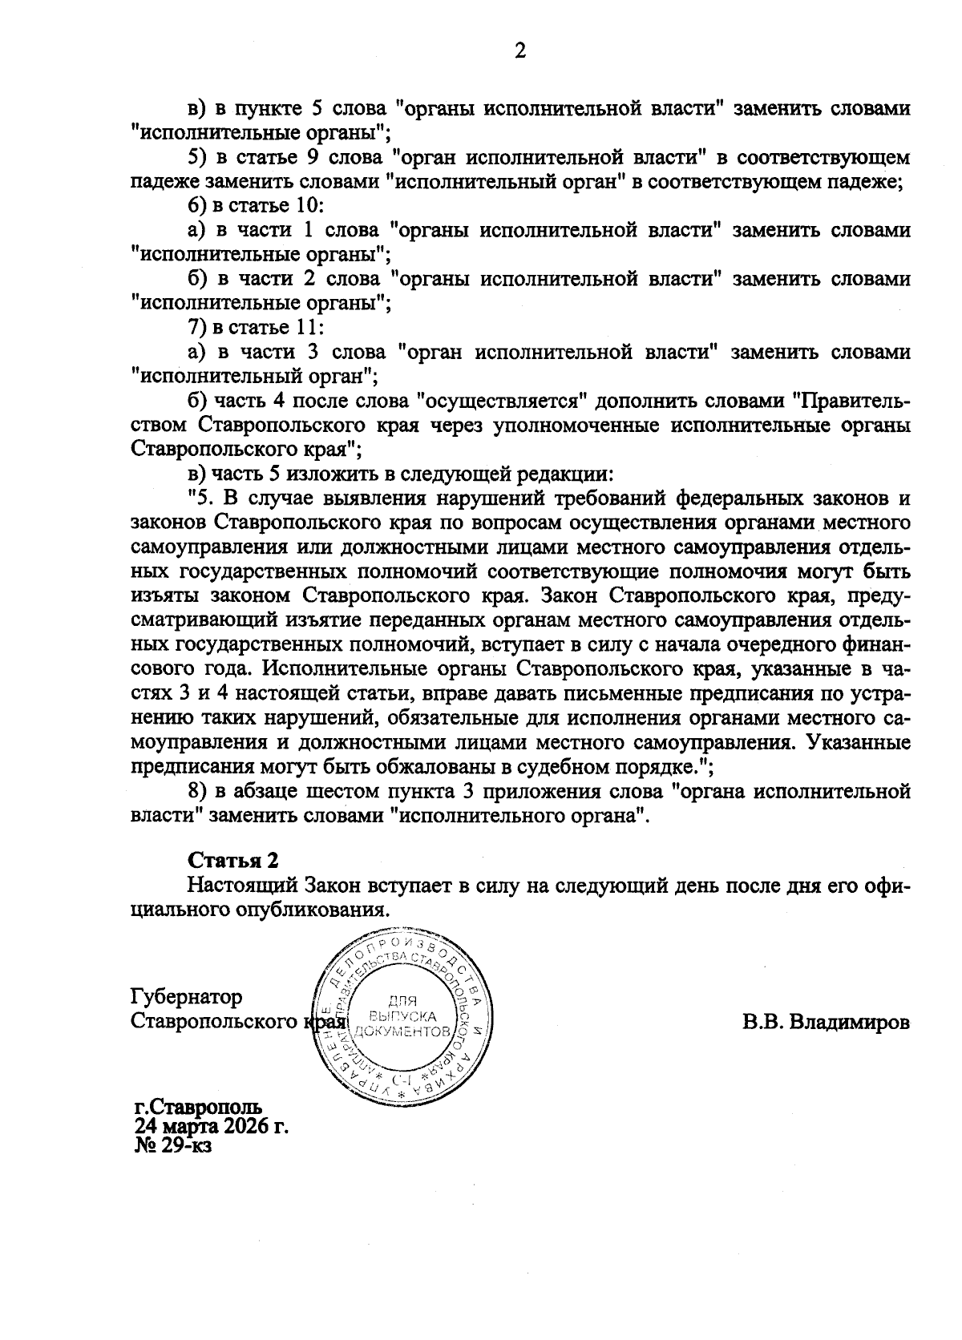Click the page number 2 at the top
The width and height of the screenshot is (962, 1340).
pyautogui.click(x=520, y=51)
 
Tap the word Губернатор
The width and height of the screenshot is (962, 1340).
pyautogui.click(x=185, y=997)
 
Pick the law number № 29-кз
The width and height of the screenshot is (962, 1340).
pyautogui.click(x=173, y=1146)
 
